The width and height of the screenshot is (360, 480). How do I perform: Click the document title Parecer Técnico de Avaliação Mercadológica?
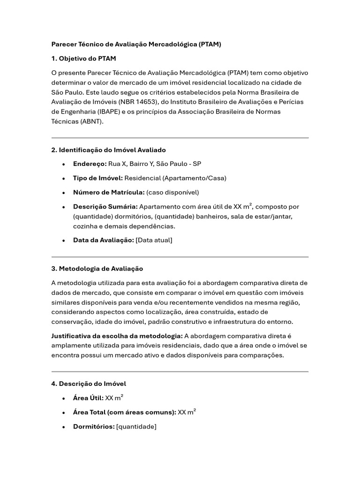tap(136, 45)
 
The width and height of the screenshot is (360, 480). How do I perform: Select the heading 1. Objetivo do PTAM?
tap(83, 59)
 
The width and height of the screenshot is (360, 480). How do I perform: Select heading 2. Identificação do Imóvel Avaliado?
tap(108, 150)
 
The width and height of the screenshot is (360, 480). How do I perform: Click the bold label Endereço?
tap(90, 164)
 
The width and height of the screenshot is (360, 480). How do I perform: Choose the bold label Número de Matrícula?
tap(109, 192)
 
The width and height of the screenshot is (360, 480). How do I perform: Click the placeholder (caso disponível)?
tap(172, 192)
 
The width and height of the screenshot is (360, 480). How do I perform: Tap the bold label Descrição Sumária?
tap(105, 207)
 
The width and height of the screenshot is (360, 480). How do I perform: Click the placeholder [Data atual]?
tap(154, 240)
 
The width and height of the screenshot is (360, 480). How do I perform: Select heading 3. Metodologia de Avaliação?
tap(97, 269)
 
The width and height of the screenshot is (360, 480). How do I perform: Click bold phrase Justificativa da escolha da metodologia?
tap(117, 336)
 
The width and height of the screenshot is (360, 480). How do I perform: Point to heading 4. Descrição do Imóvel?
tap(89, 383)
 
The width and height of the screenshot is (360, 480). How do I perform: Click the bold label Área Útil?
tap(88, 398)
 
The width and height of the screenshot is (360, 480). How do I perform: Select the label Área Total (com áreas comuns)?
tap(124, 412)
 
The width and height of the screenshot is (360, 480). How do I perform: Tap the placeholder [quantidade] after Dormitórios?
tap(136, 427)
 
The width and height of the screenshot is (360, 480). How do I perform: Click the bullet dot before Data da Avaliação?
tap(63, 240)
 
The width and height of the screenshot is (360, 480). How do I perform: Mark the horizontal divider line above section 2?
tap(180, 138)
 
